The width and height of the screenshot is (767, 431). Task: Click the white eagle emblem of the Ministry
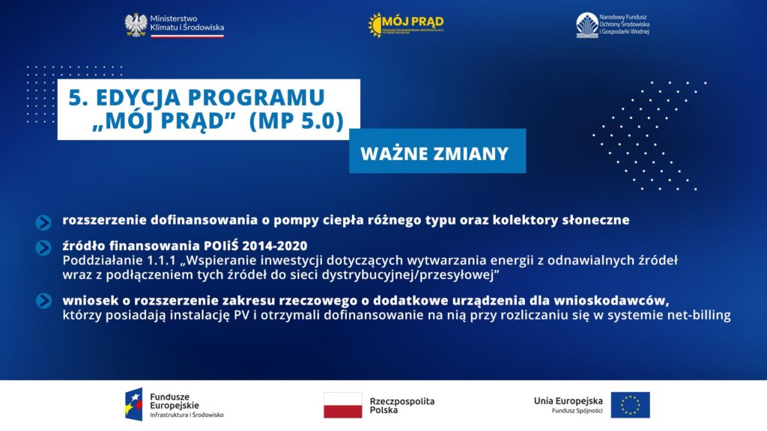[x=136, y=25]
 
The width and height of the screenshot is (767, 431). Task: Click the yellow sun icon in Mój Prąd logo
[x=375, y=25]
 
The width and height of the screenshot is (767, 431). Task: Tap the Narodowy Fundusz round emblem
[x=586, y=25]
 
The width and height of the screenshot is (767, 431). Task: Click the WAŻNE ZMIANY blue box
[x=437, y=153]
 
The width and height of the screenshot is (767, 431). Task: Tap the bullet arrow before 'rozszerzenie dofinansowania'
[x=43, y=221]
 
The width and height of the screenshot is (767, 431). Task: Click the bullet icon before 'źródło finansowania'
[x=43, y=248]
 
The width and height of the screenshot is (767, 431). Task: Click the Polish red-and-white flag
[x=342, y=405]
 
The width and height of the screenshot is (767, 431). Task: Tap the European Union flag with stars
[x=630, y=405]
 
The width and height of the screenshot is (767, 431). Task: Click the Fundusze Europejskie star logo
[x=134, y=405]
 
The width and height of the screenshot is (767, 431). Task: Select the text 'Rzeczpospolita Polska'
[x=401, y=406]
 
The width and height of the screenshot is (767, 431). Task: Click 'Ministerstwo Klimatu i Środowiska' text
[x=187, y=22]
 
